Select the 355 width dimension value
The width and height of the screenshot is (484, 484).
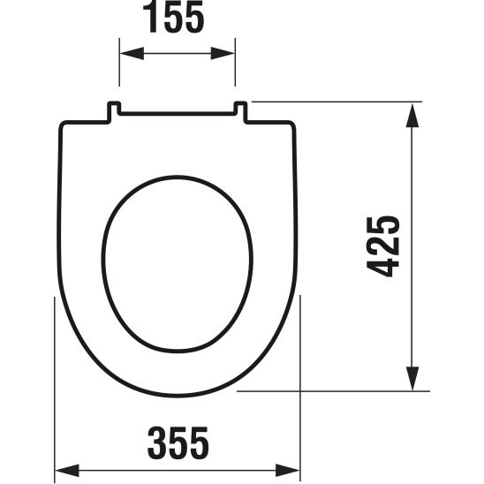[178, 438]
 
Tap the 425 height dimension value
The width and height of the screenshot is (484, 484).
[383, 245]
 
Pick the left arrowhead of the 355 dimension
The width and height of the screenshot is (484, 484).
[62, 471]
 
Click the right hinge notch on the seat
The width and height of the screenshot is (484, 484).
[240, 110]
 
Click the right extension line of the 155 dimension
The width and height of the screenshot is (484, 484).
[236, 71]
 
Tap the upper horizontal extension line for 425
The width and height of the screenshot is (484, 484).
[336, 102]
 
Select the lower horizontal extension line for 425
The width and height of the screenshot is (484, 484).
[336, 389]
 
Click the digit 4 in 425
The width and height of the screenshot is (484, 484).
[383, 268]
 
